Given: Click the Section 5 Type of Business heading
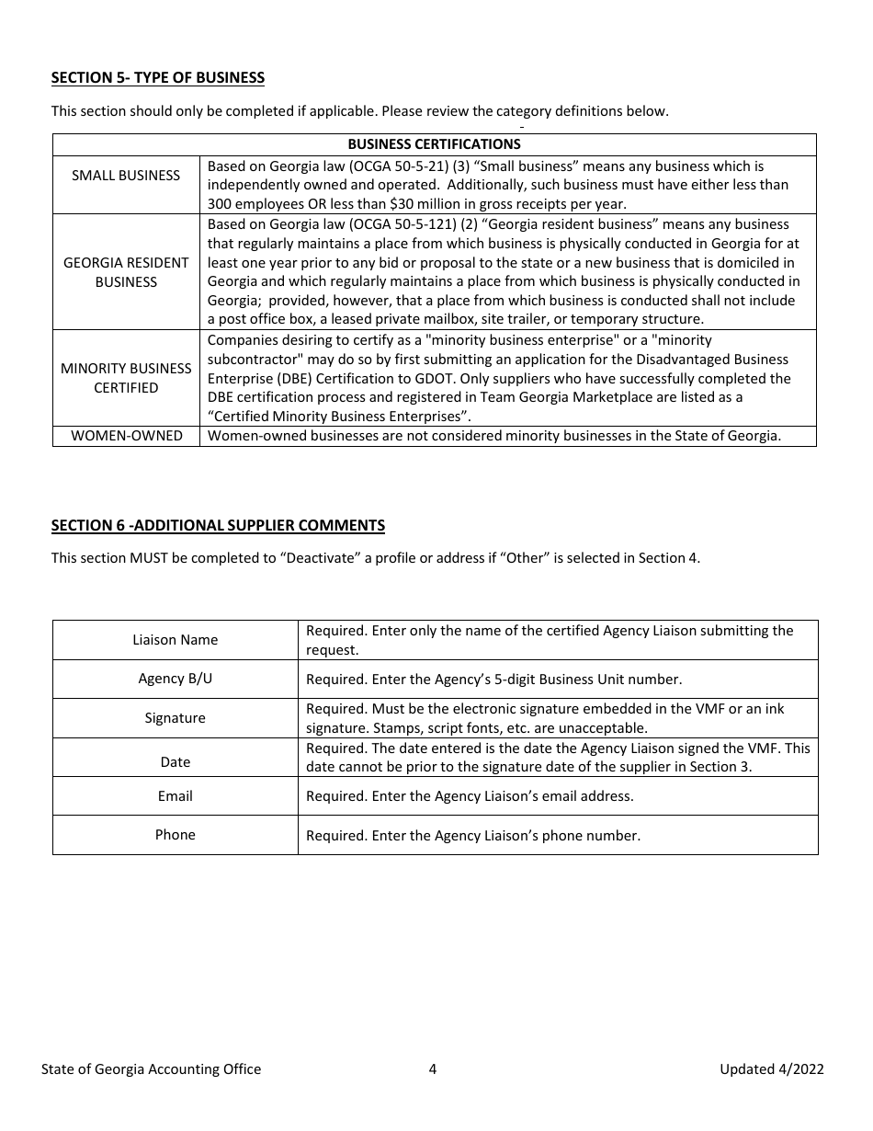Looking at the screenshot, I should coord(158,77).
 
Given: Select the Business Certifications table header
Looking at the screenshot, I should coord(434,144).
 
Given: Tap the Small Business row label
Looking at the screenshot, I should coord(126,175).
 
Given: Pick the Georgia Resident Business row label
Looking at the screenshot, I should coord(126,272).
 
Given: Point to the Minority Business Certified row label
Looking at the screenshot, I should coord(126,378).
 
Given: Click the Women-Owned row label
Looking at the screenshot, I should coord(126,436).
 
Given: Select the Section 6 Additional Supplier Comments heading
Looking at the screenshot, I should coord(218,525).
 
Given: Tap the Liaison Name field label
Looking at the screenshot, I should coord(175,640).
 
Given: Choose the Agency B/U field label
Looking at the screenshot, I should coord(175,679).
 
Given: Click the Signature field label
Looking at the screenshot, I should coord(175,718).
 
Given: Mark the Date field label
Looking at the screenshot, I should coord(175,761).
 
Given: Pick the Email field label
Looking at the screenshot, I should coord(175,796).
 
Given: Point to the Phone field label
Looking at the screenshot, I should coord(175,835).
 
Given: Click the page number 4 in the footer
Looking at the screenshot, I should coord(433,1068).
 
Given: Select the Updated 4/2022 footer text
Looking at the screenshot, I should coord(771,1068).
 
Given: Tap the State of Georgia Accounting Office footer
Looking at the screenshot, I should coord(151,1068).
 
